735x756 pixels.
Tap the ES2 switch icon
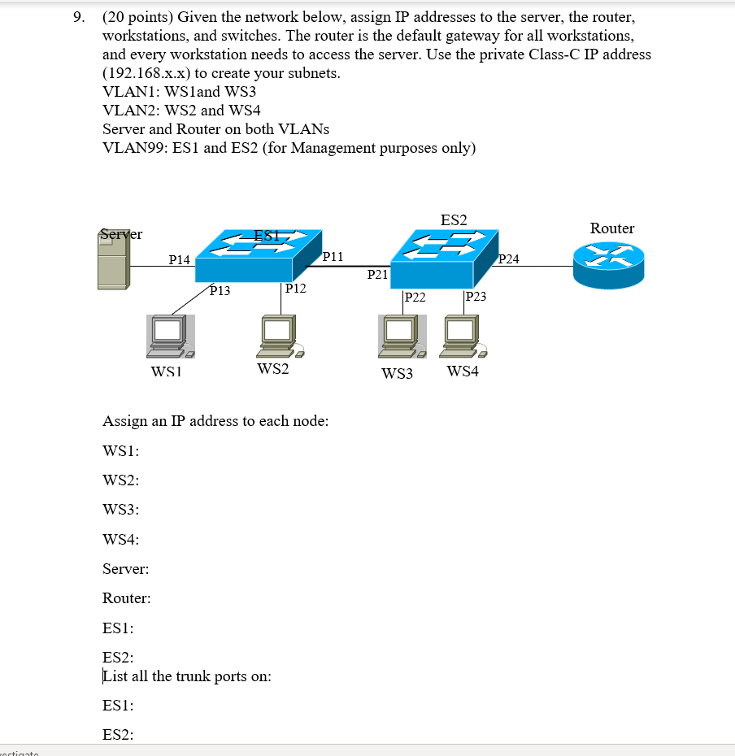coord(443,258)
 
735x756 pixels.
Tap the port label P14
coord(179,260)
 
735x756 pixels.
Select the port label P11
coord(333,257)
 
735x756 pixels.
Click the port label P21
coord(377,275)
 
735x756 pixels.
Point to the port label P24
coord(508,260)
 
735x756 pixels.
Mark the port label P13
coord(220,290)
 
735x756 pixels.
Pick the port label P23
coord(476,297)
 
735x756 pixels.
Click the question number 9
coord(79,16)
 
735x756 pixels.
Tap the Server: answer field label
coord(125,569)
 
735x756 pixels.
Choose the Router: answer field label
coord(126,599)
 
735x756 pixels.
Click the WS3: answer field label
coord(120,510)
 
